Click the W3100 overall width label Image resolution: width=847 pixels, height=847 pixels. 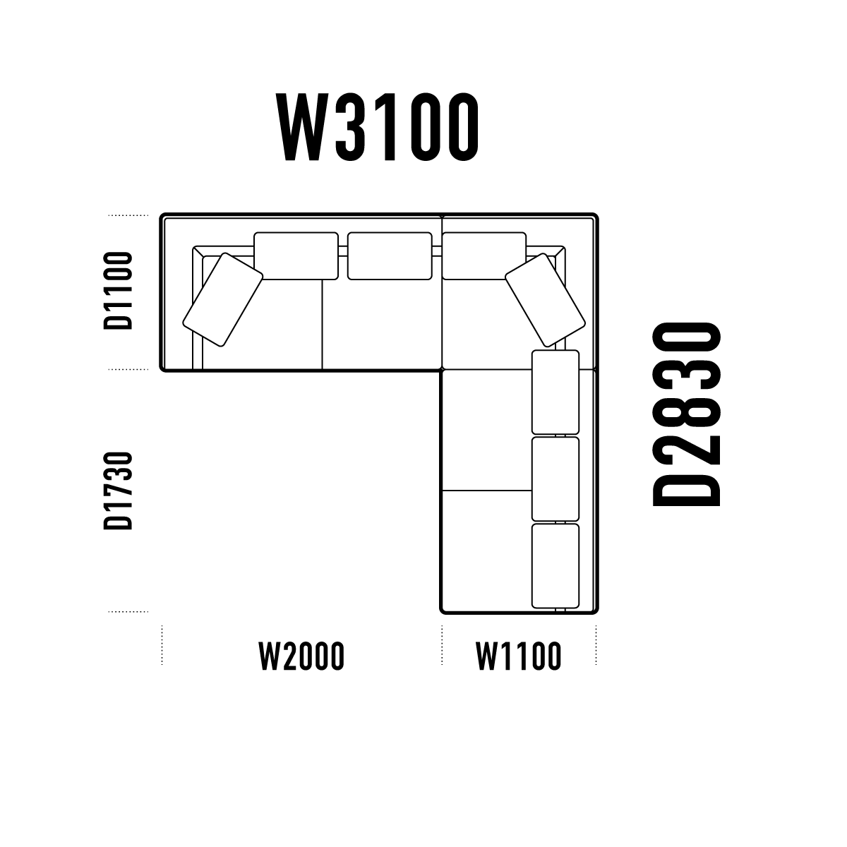point(377,126)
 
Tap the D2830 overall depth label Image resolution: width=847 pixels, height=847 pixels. point(687,414)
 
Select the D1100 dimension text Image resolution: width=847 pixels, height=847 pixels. point(118,291)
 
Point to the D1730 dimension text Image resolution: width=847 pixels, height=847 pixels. point(118,490)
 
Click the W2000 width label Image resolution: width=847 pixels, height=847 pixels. point(301,656)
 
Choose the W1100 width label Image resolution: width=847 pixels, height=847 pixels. point(519,656)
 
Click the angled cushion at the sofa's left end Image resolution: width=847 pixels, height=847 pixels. point(223,300)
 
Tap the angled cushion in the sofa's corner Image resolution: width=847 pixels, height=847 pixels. point(545,300)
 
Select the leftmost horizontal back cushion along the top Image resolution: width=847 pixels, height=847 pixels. point(296,256)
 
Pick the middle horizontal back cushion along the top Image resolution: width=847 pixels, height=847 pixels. point(390,256)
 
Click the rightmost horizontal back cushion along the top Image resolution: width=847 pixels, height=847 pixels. point(484,256)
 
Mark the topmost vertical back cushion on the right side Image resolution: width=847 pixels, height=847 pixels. point(555,392)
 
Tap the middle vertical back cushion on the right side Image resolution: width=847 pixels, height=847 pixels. point(555,479)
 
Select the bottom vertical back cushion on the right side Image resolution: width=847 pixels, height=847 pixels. point(555,566)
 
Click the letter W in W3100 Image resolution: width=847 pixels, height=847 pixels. point(302,126)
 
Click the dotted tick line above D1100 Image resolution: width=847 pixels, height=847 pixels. point(128,215)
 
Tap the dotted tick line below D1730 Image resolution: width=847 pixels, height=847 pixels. point(128,611)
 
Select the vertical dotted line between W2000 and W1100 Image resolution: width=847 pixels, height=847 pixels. point(442,645)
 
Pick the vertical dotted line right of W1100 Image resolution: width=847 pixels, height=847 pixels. point(596,645)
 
